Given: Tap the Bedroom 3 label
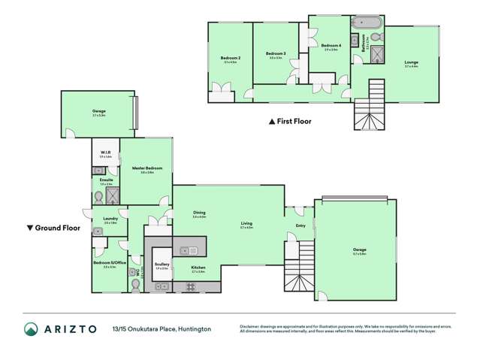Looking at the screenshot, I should tap(276, 53).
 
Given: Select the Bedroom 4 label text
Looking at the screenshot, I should tap(331, 47).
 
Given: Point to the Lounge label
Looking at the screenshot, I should tap(411, 62).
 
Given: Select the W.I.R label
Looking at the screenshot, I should tap(106, 153).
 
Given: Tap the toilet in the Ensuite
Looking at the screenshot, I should tap(98, 198).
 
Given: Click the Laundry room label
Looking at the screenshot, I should tap(110, 219).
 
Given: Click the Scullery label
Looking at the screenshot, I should tap(161, 265).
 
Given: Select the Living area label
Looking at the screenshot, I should tap(246, 223).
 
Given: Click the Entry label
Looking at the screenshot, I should tap(300, 224).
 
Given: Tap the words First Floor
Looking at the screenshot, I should tap(294, 121).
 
